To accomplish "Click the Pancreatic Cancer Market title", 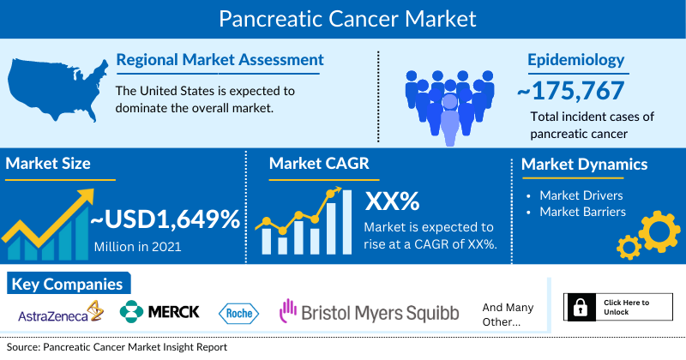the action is [x=347, y=19].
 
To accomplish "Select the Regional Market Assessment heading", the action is [x=220, y=60].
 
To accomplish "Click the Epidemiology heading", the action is [x=575, y=60].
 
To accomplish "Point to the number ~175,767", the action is [x=570, y=91].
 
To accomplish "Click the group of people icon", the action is [x=449, y=107].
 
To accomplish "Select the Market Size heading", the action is [x=48, y=164].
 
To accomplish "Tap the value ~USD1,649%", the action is [x=165, y=219].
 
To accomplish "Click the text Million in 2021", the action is [x=137, y=247].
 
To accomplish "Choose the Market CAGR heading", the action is [x=319, y=164].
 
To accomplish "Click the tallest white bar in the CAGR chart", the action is [x=347, y=222].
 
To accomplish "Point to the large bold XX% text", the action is [x=392, y=201].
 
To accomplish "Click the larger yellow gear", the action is [x=659, y=231].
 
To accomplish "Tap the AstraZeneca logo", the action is [x=60, y=312].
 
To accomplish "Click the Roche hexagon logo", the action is [x=238, y=314].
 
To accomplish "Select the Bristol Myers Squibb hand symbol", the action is [x=287, y=310].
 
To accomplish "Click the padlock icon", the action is [x=581, y=307].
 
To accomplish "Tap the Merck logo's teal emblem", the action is [x=131, y=311].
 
